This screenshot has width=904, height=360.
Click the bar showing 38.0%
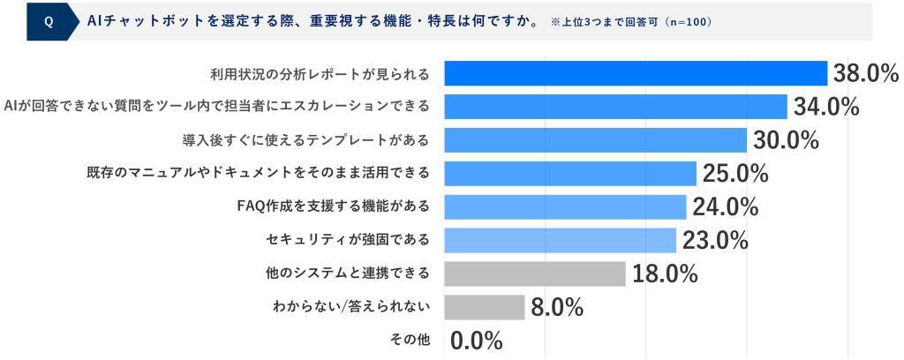[635, 73]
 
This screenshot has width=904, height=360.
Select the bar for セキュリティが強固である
[560, 240]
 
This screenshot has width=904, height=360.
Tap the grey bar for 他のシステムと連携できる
[535, 274]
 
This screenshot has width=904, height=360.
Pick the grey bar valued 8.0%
[484, 307]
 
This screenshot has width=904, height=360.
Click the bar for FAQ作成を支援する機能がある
[565, 206]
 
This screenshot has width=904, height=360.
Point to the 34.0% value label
[826, 107]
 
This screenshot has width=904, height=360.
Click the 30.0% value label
[786, 140]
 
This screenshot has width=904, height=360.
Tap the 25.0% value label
[734, 174]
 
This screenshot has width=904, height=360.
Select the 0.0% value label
[477, 341]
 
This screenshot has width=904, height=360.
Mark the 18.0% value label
[664, 274]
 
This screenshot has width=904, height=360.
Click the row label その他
[410, 341]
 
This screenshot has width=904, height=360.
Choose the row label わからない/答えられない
[351, 307]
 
